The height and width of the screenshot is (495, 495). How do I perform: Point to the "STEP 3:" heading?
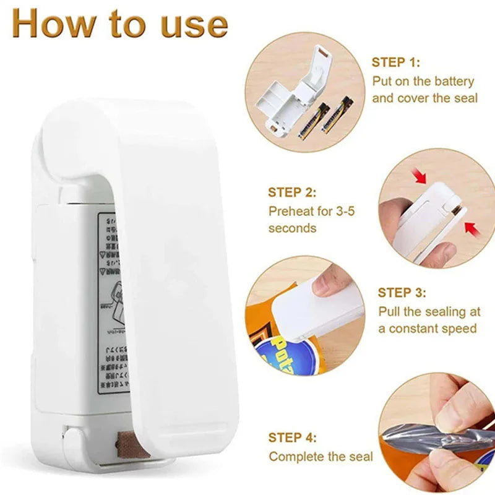click(x=402, y=293)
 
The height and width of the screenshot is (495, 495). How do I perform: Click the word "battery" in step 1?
click(x=452, y=81)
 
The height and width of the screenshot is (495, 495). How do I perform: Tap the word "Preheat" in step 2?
click(x=291, y=211)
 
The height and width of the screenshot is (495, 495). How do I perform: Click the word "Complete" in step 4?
click(x=295, y=457)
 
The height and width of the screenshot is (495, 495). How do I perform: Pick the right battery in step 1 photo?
click(x=335, y=116)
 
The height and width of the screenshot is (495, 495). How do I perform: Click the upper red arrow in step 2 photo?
click(x=421, y=178)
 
